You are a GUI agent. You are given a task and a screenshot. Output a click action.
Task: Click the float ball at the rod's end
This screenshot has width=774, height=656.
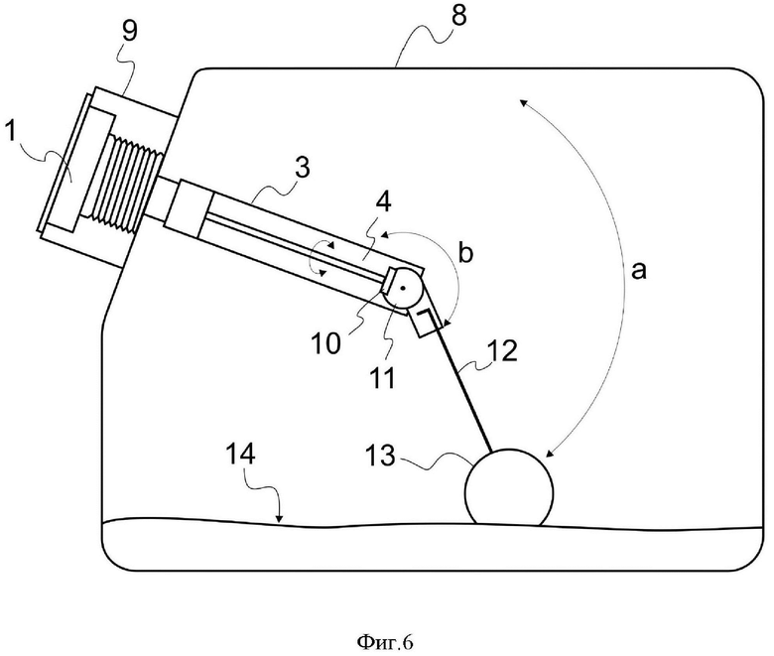509,487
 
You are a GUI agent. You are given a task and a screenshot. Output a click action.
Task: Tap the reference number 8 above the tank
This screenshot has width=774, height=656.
458,16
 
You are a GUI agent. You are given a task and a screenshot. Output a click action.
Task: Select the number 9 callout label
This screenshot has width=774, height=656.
129,33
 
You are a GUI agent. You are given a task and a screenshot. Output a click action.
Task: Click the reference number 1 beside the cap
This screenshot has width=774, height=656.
9,132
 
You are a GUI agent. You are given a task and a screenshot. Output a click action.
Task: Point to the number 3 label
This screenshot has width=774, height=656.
302,168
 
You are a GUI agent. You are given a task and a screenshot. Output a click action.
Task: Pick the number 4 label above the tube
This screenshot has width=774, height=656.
384,202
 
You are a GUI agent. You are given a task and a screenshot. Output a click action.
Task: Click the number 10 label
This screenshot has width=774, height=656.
326,342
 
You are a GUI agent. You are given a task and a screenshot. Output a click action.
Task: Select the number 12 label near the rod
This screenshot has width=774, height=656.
502,350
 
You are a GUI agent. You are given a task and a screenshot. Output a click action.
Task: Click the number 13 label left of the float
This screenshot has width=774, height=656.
381,456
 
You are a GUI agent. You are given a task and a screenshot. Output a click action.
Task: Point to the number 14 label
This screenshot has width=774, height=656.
240,454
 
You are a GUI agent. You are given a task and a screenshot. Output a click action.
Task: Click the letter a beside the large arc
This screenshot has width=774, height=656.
639,271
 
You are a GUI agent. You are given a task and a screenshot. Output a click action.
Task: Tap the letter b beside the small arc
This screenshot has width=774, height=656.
465,252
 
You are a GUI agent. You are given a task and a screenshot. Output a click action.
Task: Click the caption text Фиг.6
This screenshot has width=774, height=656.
385,642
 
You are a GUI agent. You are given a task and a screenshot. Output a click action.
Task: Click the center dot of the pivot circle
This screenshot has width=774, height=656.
403,288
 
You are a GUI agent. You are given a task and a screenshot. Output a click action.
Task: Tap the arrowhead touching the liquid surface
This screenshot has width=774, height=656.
280,519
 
